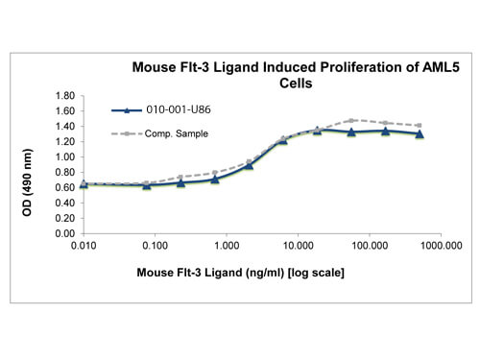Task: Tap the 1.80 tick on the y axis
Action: [66, 96]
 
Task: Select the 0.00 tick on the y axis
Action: [66, 233]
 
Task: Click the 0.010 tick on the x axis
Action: [83, 246]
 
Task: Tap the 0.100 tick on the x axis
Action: [154, 246]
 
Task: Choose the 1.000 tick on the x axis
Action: [226, 246]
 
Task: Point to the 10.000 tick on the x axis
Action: [298, 246]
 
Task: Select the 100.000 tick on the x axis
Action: [370, 246]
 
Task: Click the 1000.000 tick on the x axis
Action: [440, 246]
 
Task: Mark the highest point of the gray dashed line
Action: [351, 120]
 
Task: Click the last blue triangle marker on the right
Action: [420, 134]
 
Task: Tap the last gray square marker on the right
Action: [420, 126]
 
